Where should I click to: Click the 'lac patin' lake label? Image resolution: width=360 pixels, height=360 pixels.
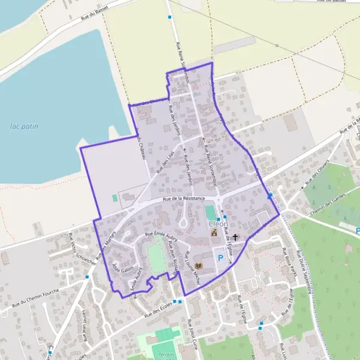pyautogui.click(x=23, y=126)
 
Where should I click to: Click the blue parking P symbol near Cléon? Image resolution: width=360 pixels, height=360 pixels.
pyautogui.click(x=220, y=257)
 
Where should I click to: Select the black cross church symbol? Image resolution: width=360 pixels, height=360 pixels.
pyautogui.click(x=236, y=237)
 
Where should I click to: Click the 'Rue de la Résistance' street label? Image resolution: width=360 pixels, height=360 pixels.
pyautogui.click(x=182, y=199)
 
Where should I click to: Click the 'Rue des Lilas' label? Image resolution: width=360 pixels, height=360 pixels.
pyautogui.click(x=165, y=163)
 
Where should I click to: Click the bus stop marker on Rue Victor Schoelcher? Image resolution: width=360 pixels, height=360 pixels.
pyautogui.click(x=87, y=277)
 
